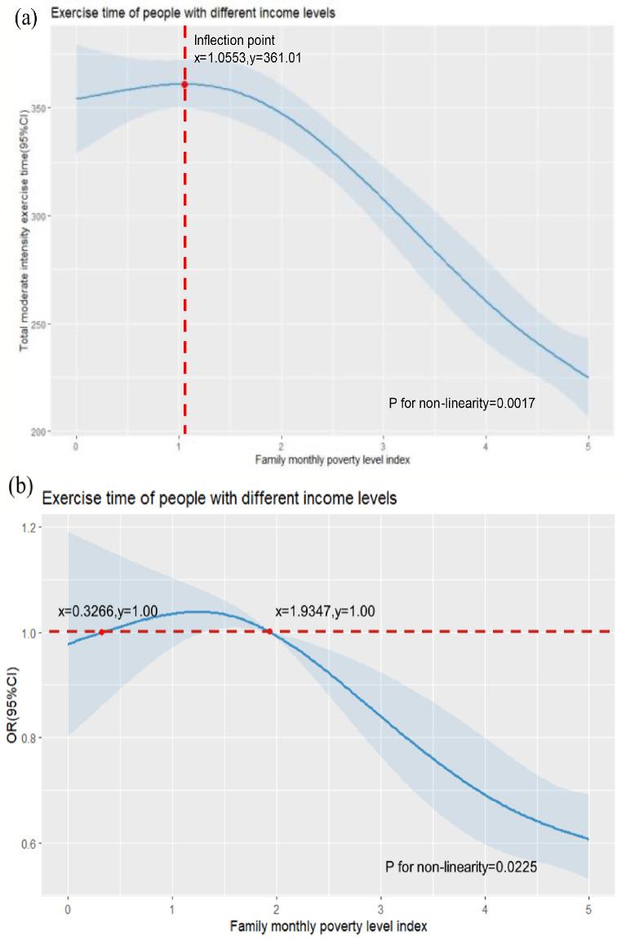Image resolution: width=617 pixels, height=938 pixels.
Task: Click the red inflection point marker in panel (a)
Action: [x=184, y=84]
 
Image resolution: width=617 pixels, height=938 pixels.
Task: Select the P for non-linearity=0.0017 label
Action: [x=460, y=403]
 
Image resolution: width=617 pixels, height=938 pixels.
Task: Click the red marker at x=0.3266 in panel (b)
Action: [x=101, y=631]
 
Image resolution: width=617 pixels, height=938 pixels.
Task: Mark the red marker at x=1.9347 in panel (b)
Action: [x=269, y=631]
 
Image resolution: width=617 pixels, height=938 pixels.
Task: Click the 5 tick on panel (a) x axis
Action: [x=588, y=447]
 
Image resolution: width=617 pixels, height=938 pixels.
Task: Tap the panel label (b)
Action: [x=20, y=487]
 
